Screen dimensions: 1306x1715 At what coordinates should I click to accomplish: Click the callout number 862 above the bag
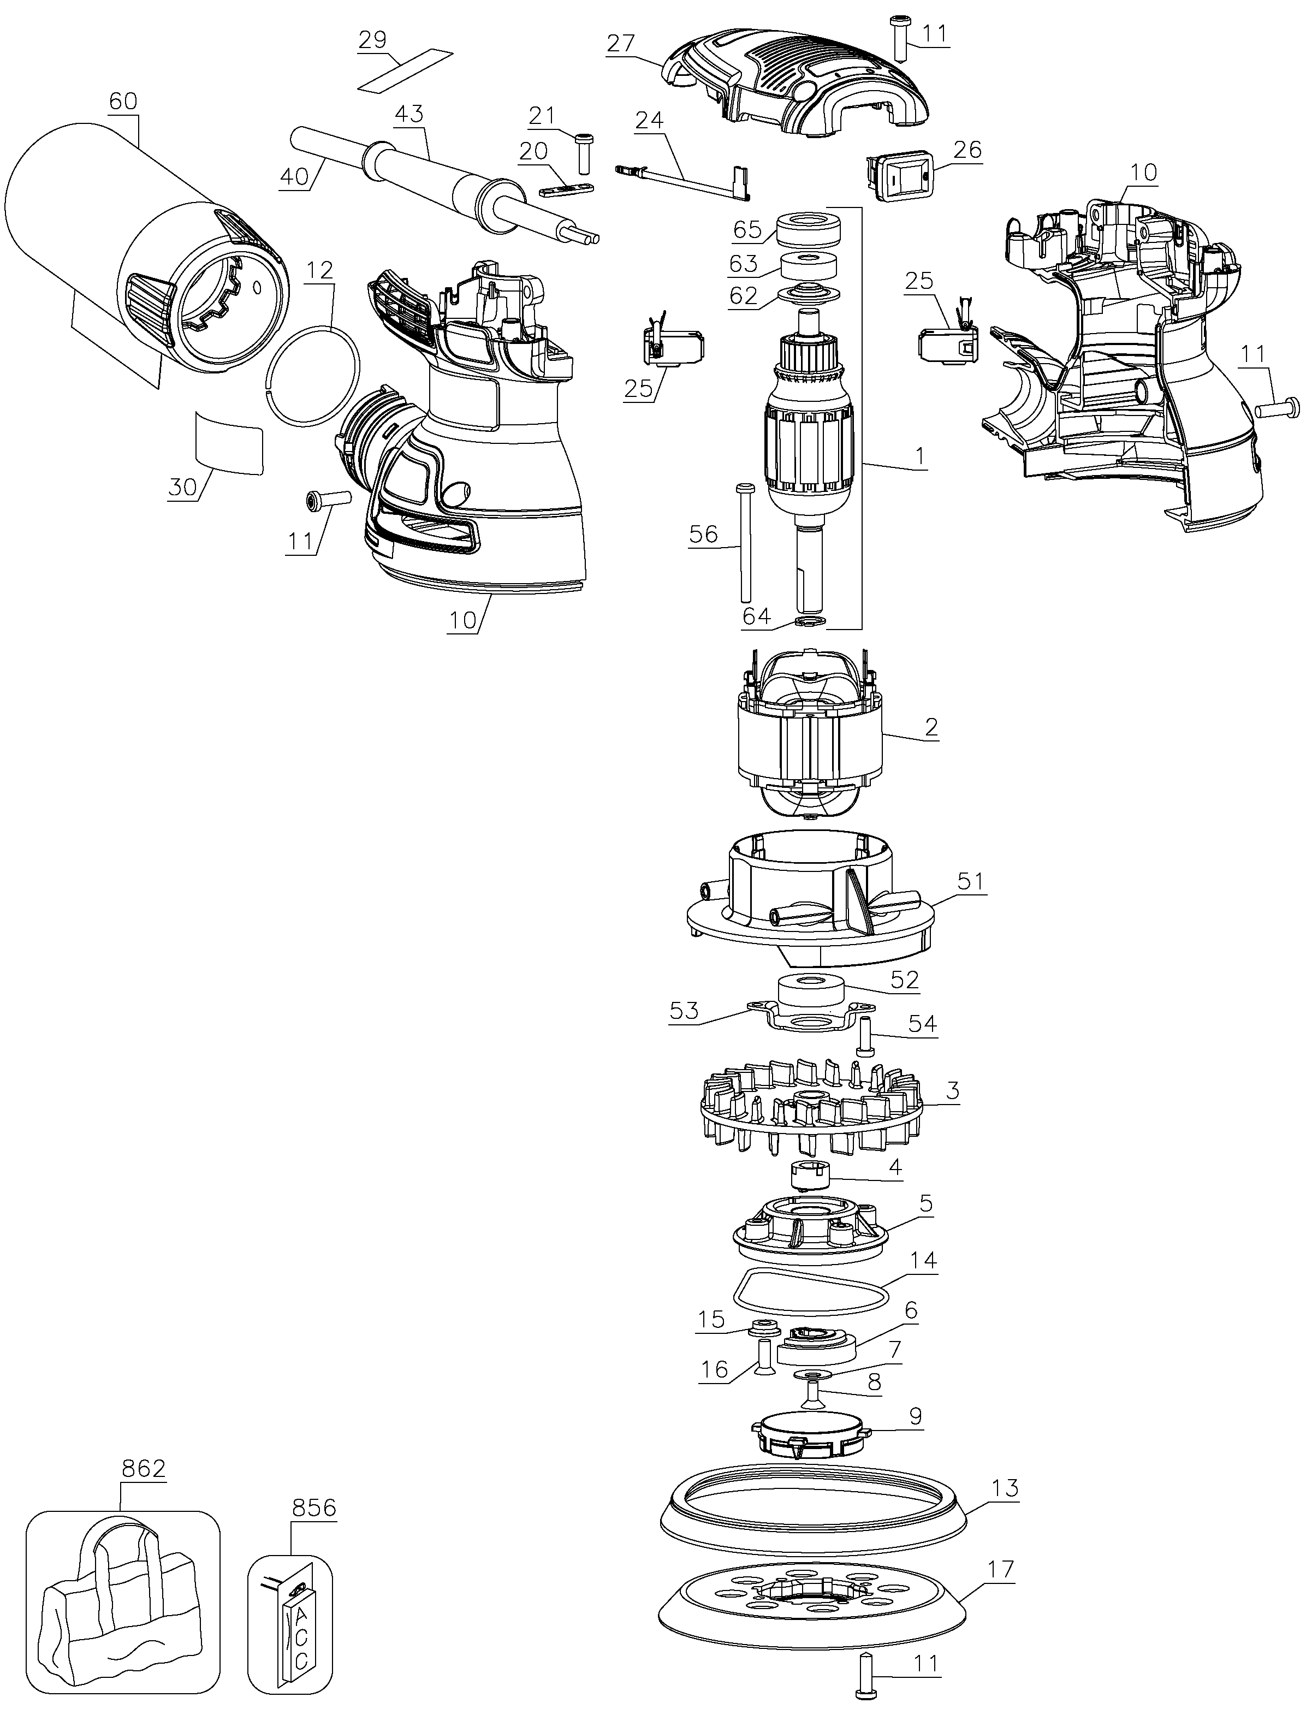[x=144, y=1469]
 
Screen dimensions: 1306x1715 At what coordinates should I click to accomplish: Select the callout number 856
[x=314, y=1508]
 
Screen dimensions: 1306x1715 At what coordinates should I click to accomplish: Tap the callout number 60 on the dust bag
[x=123, y=100]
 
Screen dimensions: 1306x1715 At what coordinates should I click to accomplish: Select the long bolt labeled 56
[x=744, y=541]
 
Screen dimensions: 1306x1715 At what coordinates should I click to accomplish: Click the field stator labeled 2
[x=811, y=735]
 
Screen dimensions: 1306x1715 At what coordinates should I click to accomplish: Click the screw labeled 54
[x=864, y=1036]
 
